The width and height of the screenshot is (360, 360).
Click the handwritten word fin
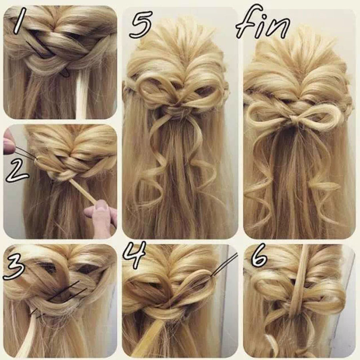coord(263,25)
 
